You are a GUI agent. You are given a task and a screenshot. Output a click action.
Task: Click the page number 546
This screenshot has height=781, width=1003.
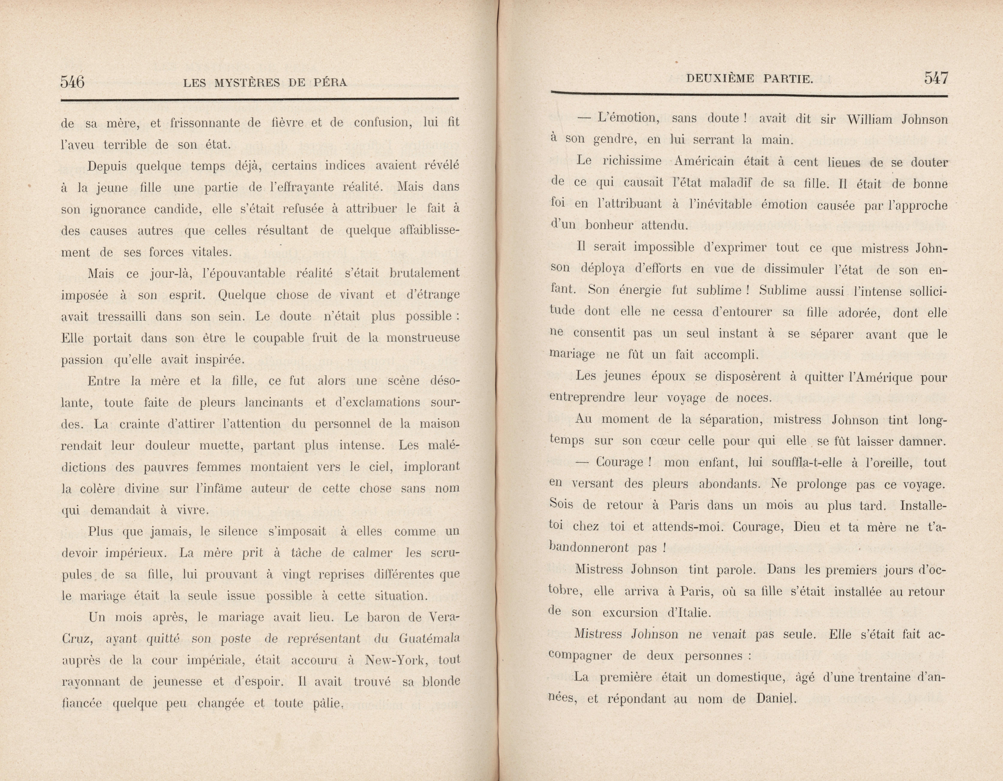73,82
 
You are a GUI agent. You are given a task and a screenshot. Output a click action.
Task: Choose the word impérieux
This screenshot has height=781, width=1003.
136,553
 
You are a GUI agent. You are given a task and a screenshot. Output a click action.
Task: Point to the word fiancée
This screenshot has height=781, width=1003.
81,703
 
